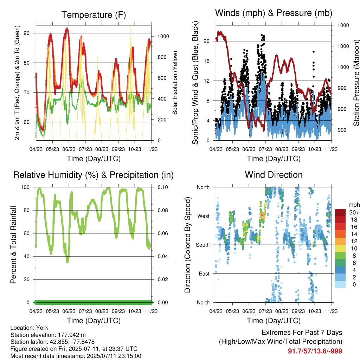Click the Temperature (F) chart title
click(x=94, y=15)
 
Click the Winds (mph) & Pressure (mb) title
click(x=274, y=13)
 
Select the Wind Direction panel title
click(x=274, y=175)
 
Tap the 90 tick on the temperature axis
click(x=27, y=33)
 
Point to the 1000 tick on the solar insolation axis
click(x=163, y=36)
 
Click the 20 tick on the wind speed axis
click(x=207, y=41)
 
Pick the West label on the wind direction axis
click(x=204, y=216)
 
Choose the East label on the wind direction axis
click(x=204, y=274)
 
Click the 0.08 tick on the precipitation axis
click(x=163, y=210)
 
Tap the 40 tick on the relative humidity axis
click(x=27, y=256)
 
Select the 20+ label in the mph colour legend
click(x=354, y=212)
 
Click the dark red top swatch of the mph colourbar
click(x=340, y=212)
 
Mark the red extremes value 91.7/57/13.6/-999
click(x=315, y=351)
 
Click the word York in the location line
click(x=42, y=328)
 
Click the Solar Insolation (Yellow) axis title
click(x=175, y=83)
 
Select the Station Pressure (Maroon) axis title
click(x=356, y=83)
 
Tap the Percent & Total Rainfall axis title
click(x=13, y=245)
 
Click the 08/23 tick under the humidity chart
click(x=102, y=311)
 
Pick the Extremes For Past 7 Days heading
click(x=302, y=333)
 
